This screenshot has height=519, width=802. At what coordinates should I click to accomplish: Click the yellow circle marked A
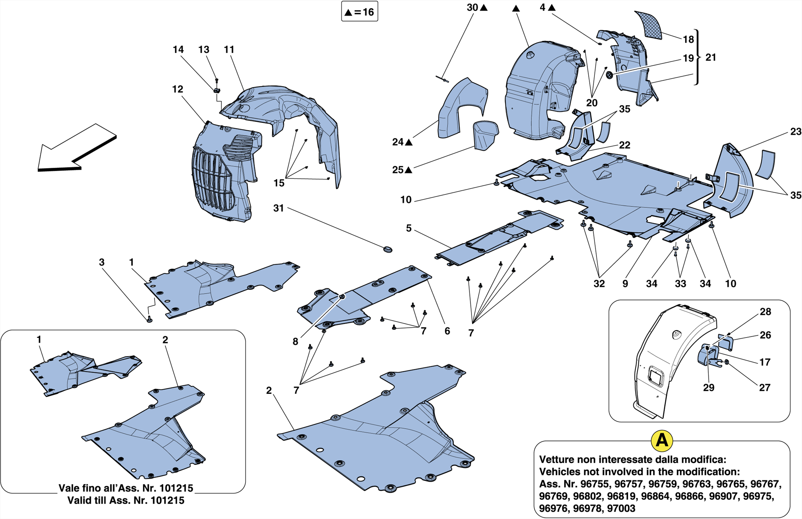coord(661,440)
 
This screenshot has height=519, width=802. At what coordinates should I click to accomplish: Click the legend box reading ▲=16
coord(359,12)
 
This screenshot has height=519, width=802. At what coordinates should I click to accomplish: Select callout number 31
coord(278,208)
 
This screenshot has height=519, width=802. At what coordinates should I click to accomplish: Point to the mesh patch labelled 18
coord(648,24)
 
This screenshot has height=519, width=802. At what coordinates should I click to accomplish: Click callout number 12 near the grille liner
coord(177,89)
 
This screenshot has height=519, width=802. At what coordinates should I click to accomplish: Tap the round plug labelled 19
coord(609,75)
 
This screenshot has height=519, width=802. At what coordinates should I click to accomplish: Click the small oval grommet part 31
coord(387,249)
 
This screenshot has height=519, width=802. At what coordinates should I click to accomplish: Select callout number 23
coord(795,132)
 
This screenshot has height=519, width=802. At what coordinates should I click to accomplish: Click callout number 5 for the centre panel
coord(408,228)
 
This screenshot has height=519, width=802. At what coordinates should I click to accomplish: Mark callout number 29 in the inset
coord(708,387)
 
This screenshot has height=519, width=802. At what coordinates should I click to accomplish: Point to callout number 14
coord(178,50)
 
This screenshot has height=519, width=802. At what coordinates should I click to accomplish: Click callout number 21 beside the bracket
coord(710,57)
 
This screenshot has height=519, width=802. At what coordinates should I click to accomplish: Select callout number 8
coord(295,341)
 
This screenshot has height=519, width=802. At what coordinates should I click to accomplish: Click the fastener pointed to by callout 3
coord(149,320)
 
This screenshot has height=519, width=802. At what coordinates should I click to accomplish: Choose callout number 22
coord(624,145)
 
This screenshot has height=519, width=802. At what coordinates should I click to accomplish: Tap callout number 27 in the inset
coord(764,387)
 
